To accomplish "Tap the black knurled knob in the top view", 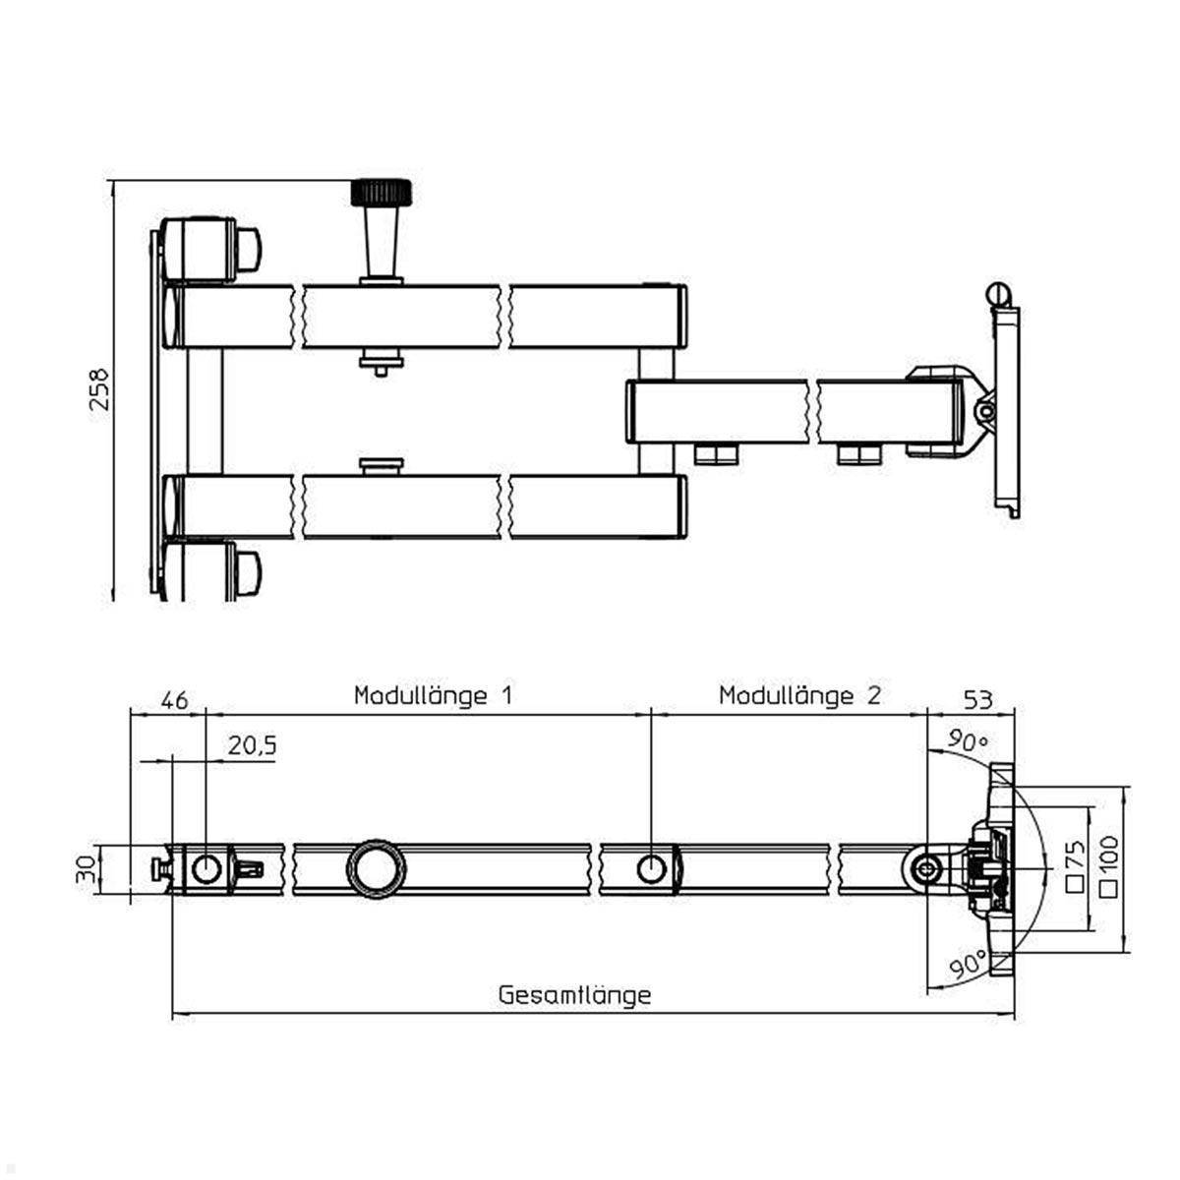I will click(382, 191).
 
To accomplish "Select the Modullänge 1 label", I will click(433, 696).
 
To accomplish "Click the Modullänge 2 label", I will click(799, 696).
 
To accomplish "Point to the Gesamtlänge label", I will click(574, 994).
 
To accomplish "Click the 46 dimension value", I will click(173, 700).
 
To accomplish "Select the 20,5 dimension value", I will click(252, 746).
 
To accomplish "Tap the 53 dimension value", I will click(977, 700).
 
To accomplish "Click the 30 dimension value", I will click(88, 868).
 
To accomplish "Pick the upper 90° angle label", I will click(966, 740).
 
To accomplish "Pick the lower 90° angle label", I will click(970, 967).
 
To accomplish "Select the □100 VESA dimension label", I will click(1110, 866).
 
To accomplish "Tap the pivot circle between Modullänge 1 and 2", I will click(651, 868).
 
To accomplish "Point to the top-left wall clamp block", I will click(198, 248).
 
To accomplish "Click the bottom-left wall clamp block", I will click(198, 569).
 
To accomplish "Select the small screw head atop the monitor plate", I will click(997, 294).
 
